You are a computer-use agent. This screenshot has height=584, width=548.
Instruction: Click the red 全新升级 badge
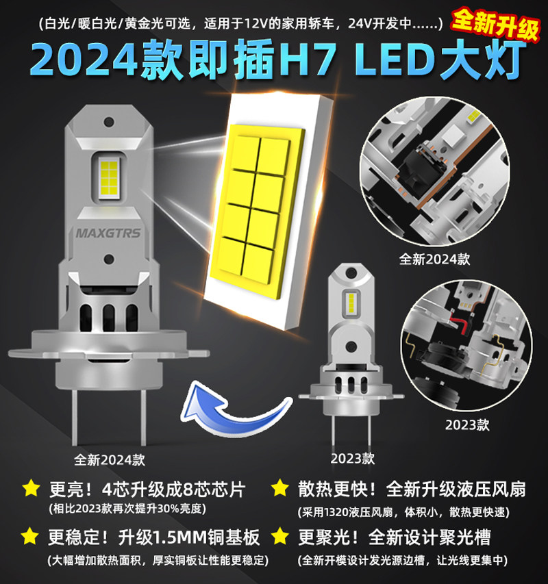coord(495,23)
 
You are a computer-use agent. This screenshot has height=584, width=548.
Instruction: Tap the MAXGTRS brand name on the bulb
coord(108,233)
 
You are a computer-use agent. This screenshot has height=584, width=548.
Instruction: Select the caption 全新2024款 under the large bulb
coord(109,460)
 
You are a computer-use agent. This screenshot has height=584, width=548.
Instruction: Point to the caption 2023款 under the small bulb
coord(352,459)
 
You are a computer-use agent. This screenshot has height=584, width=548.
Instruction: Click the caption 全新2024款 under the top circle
coord(434,259)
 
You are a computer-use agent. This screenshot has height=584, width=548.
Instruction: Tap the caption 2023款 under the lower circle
coord(467,425)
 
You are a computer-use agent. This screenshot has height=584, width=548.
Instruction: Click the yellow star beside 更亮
coord(31,488)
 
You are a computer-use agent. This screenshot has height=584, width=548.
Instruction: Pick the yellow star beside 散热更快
coord(279,488)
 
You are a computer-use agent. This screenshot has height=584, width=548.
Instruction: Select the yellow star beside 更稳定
coord(30,536)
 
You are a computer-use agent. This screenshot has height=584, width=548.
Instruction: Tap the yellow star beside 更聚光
coord(279,536)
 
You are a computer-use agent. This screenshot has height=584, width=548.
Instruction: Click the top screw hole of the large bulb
coord(109,122)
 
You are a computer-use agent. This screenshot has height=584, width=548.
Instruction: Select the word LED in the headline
coord(395,60)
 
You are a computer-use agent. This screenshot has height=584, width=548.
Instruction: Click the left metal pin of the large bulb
coord(75,417)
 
